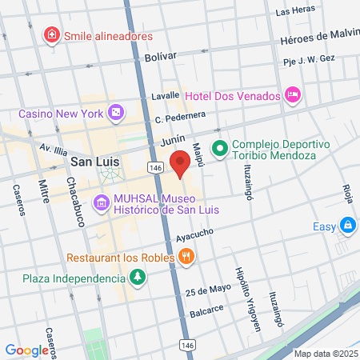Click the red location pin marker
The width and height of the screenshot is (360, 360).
click(181, 163)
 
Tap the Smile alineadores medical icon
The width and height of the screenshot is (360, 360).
click(52, 35)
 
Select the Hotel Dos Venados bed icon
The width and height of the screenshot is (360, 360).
click(293, 96)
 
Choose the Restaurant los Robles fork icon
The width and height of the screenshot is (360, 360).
click(186, 258)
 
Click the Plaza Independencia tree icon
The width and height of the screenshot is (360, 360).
click(138, 278)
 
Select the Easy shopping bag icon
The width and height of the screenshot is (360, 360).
click(347, 226)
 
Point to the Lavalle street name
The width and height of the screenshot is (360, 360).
click(165, 95)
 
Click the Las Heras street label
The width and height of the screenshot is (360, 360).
click(292, 12)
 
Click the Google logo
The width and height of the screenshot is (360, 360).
click(26, 350)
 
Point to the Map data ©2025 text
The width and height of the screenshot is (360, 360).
click(325, 354)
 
